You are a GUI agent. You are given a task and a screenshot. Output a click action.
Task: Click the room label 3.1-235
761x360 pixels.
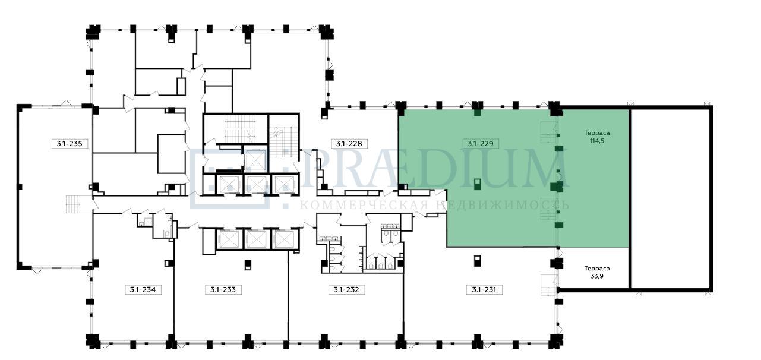tap(70, 144)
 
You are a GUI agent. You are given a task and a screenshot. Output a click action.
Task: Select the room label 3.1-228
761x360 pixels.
tap(349, 144)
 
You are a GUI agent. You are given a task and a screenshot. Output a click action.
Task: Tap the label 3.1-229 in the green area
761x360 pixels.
tap(481, 144)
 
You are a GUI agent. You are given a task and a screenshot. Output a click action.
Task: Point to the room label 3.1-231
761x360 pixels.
tap(484, 290)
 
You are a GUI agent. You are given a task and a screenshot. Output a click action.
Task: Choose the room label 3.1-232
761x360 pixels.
tap(346, 290)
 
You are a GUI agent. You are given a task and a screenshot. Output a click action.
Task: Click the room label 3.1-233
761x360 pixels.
tap(223, 290)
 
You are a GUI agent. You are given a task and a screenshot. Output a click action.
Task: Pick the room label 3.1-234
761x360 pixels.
tap(143, 290)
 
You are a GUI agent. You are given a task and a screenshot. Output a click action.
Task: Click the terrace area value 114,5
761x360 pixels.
tap(597, 141)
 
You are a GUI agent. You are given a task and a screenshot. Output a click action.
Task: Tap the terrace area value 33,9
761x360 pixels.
tap(597, 276)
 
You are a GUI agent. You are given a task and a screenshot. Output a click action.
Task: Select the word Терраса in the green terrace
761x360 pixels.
tap(597, 133)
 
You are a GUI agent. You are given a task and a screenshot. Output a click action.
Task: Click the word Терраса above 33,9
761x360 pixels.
tap(597, 269)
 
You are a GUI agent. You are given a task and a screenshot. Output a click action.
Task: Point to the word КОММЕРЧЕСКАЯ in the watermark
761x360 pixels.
tap(364, 205)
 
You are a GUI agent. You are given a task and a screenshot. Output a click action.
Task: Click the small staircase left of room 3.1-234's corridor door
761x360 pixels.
tap(74, 204)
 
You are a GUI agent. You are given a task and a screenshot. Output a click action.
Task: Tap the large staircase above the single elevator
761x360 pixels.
tap(240, 129)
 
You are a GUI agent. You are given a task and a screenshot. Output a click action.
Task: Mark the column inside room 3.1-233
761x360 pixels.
tap(248, 264)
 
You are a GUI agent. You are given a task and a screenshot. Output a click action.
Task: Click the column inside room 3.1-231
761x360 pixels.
tap(477, 261)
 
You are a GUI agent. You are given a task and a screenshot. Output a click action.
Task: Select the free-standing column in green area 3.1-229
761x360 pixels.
tap(477, 184)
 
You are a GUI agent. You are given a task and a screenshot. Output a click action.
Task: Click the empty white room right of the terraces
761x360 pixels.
tap(671, 198)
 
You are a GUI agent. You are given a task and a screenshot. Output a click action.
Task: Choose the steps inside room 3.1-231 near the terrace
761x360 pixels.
tap(548, 285)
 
